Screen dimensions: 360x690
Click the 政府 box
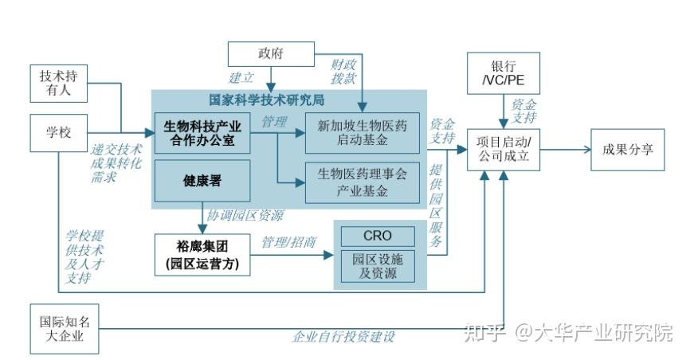tap(269, 54)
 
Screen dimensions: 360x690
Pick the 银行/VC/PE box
tap(503, 73)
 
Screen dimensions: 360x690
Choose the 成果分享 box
tap(628, 147)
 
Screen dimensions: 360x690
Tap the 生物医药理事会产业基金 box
tap(363, 181)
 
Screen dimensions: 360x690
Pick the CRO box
tap(378, 236)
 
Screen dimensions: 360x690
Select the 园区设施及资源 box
tap(378, 266)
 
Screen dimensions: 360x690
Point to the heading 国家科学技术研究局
tap(266, 101)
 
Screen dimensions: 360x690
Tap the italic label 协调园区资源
tap(245, 216)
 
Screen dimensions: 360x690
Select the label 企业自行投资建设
tap(343, 337)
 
